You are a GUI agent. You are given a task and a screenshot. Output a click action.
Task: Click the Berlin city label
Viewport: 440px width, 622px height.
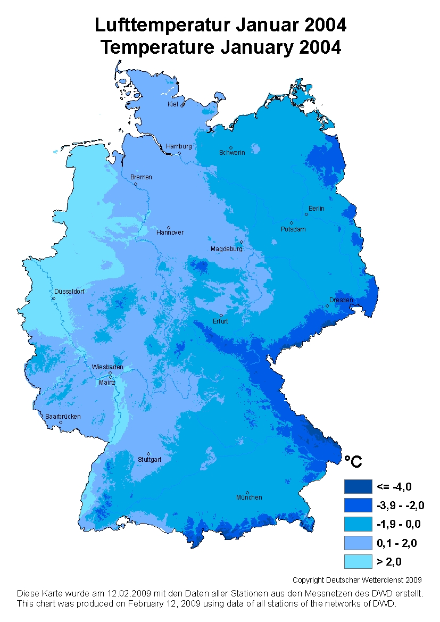(316, 209)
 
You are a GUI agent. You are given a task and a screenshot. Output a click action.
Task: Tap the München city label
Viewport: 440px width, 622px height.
(249, 497)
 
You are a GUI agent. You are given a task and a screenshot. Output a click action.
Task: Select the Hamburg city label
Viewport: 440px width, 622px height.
(179, 146)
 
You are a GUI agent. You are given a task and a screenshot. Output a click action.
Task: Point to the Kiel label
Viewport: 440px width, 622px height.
(172, 104)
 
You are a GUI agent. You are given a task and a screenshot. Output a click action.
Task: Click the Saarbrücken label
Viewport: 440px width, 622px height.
(63, 417)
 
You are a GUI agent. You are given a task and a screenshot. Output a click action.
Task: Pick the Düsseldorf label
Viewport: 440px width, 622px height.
(69, 292)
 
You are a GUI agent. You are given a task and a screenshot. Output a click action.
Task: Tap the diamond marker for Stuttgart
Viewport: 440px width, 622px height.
(148, 454)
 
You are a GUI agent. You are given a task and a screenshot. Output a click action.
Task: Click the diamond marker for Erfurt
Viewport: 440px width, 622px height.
(221, 315)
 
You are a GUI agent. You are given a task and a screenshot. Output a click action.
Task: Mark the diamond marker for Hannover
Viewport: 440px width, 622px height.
(169, 227)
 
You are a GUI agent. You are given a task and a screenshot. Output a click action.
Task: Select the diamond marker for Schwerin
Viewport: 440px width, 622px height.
(231, 147)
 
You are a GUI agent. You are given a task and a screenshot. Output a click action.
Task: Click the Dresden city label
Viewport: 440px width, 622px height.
(341, 300)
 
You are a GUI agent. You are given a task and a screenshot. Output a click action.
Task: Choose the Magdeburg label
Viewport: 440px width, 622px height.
(227, 249)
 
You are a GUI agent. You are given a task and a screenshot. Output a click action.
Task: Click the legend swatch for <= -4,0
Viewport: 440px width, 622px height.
(357, 486)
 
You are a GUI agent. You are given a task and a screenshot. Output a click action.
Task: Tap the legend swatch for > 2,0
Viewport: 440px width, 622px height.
(357, 561)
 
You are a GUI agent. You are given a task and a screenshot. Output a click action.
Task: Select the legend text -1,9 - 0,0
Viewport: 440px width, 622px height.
(399, 524)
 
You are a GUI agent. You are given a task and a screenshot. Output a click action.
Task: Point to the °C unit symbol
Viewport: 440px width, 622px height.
(353, 462)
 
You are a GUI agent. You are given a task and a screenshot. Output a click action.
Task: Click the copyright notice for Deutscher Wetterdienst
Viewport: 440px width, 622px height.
(357, 580)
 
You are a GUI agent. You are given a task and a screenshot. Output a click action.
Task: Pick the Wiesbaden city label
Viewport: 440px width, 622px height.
(107, 367)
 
